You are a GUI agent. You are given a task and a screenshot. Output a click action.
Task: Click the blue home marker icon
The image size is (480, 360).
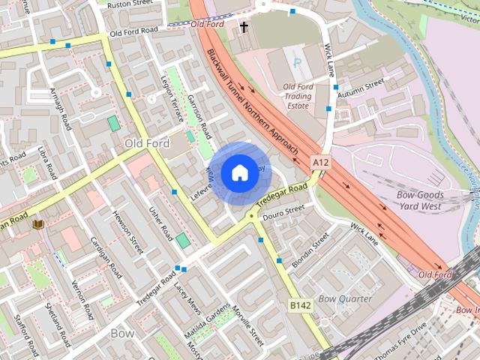click(239, 172)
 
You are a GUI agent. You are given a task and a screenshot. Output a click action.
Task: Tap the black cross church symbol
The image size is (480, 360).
click(244, 27)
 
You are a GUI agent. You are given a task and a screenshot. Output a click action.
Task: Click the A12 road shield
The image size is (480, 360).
click(321, 162)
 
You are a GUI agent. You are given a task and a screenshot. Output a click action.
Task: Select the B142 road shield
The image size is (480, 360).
click(299, 305)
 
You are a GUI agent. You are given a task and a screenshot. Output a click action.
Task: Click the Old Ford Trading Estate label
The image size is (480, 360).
click(297, 97)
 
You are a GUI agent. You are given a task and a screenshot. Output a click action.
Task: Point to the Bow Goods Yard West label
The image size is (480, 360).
click(420, 200)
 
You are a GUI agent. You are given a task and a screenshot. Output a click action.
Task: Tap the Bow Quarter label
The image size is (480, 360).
click(345, 298)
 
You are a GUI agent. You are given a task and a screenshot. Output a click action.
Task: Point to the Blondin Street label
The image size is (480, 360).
click(310, 250)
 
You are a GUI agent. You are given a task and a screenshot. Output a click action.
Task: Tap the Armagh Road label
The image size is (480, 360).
click(59, 113)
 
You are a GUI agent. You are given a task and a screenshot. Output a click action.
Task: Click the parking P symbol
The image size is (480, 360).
click(298, 64)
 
